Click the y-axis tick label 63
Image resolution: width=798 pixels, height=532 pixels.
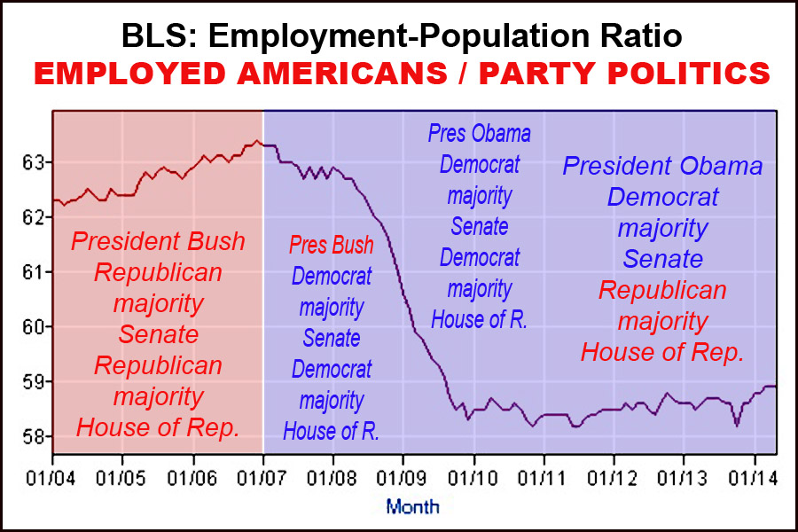32,162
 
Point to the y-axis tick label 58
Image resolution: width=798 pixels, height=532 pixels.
32,437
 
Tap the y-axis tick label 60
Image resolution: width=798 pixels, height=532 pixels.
32,327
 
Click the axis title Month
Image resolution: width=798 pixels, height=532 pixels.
411,507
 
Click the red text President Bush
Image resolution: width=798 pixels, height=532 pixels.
158,241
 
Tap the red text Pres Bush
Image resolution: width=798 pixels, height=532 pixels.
332,246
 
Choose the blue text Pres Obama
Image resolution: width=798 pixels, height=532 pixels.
480,134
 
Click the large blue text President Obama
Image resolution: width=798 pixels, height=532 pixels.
662,166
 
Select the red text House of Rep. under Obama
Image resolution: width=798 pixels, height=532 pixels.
662,352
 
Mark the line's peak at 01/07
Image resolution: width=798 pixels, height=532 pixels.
257,140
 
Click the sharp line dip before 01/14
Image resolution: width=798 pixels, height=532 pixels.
737,426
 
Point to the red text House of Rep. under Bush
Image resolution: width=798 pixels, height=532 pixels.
158,427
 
